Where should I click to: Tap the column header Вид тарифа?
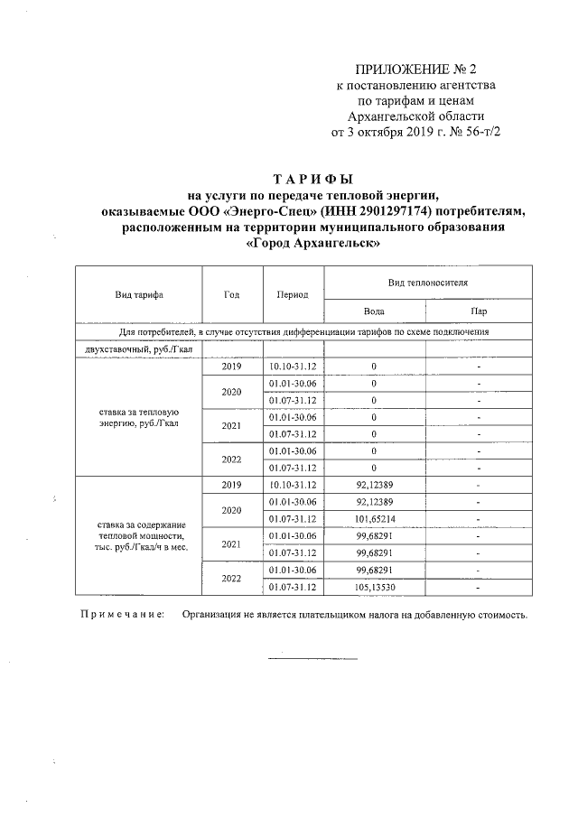point(138,294)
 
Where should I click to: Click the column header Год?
point(230,294)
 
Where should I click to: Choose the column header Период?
point(293,294)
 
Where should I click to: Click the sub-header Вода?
point(374,311)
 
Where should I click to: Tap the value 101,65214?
point(374,518)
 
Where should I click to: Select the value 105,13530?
point(374,587)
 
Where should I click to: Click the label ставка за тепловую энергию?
point(137,416)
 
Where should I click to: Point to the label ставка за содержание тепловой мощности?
point(138,535)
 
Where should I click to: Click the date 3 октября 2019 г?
point(395,132)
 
